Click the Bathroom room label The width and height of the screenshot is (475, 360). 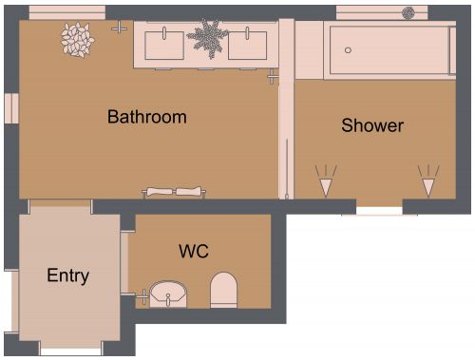click(146, 118)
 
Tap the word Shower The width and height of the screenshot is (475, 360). click(372, 125)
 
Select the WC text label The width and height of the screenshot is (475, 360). click(194, 252)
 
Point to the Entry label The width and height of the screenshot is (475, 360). click(67, 276)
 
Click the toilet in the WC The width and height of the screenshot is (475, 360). click(223, 289)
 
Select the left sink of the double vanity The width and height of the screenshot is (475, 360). click(166, 42)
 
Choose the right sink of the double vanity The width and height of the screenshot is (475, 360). click(251, 42)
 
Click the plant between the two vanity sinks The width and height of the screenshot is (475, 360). click(207, 38)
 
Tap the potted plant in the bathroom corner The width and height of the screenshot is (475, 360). click(75, 39)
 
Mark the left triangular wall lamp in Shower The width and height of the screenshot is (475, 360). click(326, 180)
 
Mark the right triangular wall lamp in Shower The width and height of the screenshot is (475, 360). click(429, 180)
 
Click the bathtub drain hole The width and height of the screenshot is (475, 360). click(348, 49)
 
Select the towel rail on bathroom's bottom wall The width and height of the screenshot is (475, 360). click(174, 191)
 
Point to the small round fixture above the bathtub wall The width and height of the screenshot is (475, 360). click(408, 12)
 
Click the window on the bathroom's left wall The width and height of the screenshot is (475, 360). click(10, 108)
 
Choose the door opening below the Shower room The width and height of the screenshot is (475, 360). click(379, 206)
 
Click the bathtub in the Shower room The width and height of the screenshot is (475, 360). click(388, 49)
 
